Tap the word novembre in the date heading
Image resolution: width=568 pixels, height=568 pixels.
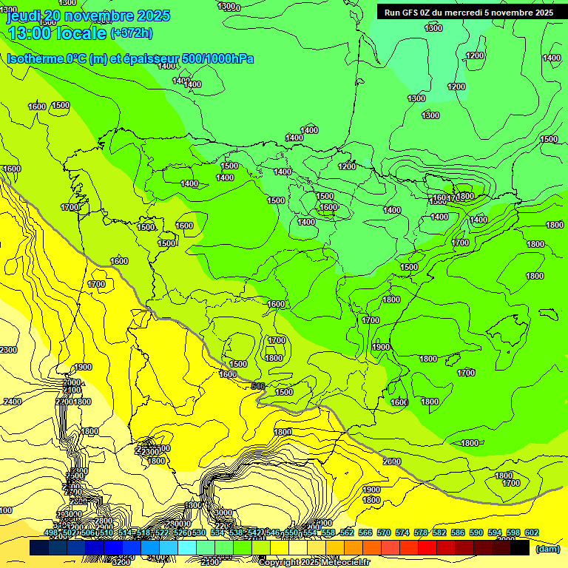tap(106, 16)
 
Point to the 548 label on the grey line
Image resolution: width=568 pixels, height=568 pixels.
tap(258, 386)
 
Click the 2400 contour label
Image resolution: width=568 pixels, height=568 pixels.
tap(12, 402)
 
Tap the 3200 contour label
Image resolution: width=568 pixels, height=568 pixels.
tap(121, 561)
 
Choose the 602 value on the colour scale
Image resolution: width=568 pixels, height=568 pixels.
tap(530, 532)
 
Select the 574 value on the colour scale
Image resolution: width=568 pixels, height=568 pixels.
tap(402, 532)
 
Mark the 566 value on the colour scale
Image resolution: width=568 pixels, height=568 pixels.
tap(365, 532)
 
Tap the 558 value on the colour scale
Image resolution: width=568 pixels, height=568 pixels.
tap(328, 532)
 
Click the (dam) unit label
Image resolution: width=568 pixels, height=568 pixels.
tap(547, 548)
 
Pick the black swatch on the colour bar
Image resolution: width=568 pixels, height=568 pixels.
tap(520, 547)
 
